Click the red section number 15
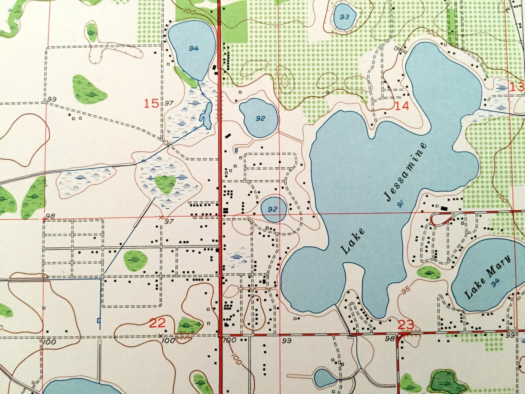pos(151,104)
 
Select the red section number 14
pos(402,106)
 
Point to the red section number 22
pos(157,323)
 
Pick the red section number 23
pos(406,325)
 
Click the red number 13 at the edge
pos(517,87)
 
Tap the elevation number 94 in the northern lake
pos(194,49)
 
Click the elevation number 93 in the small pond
pos(344,17)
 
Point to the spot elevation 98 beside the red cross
pos(50,216)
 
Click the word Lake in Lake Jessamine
pos(353,241)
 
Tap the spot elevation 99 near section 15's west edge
pos(52,99)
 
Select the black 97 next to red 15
pos(169,104)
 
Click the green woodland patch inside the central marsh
pos(165,184)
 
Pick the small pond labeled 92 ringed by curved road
pos(273,209)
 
